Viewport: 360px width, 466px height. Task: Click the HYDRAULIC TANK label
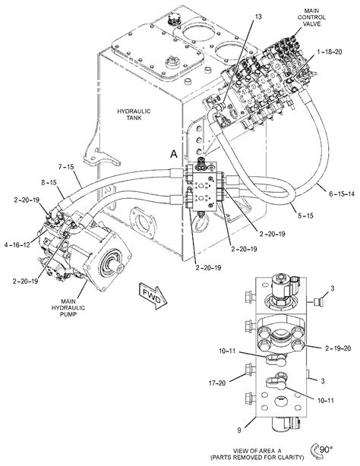pos(134,115)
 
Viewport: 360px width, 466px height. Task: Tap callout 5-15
pos(306,216)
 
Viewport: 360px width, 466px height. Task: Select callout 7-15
pos(65,166)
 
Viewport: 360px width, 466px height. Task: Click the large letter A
pos(174,154)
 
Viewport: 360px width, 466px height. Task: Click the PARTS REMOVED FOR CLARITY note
pos(278,458)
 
